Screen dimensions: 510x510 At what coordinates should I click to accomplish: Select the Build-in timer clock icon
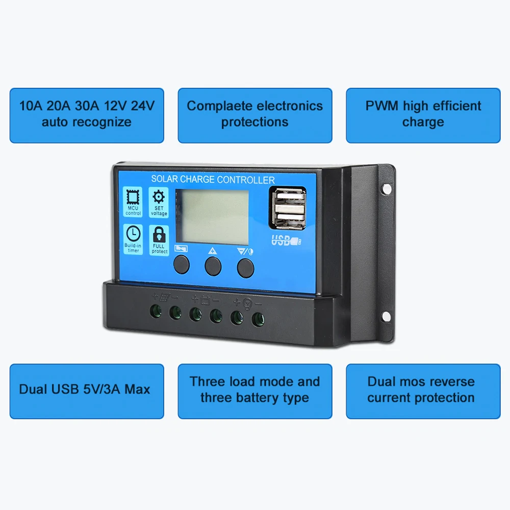tap(133, 234)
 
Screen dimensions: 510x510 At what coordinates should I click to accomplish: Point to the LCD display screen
tap(212, 217)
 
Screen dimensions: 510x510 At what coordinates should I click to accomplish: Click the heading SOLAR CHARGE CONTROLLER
tap(213, 180)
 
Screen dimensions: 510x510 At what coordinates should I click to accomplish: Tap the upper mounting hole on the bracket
tap(387, 189)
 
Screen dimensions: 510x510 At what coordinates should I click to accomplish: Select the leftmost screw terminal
tap(156, 311)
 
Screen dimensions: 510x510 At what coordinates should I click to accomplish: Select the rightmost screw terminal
tap(257, 319)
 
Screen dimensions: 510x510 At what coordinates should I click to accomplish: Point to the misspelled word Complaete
tap(220, 106)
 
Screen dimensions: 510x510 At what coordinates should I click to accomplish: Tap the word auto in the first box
tap(57, 122)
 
